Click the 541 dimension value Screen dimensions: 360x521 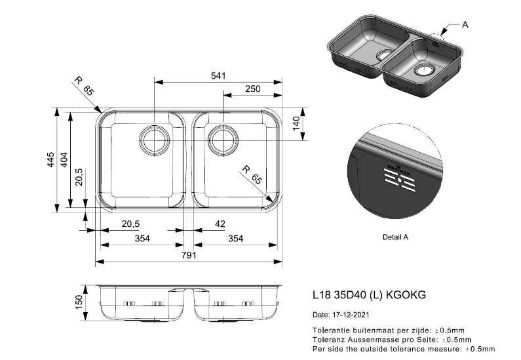[x=218, y=76]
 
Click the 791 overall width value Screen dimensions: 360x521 [x=189, y=255]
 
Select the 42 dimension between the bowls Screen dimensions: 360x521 [x=220, y=224]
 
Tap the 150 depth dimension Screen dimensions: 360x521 [x=79, y=302]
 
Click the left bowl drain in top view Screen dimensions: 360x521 [x=153, y=138]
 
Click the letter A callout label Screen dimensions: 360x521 [x=465, y=25]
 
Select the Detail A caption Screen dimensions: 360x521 [x=395, y=237]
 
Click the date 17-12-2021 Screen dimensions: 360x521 [x=351, y=315]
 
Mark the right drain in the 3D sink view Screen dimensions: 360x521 [x=423, y=69]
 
